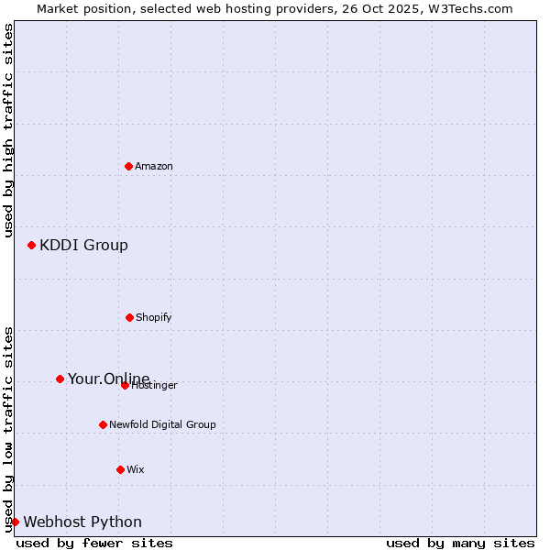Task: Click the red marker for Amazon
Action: coord(128,166)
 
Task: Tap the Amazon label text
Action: coord(154,167)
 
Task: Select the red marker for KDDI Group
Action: coord(31,245)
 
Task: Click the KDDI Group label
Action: coord(83,245)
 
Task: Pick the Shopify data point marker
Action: coord(129,317)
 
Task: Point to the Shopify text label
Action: coord(154,318)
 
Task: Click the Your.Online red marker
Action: coord(60,379)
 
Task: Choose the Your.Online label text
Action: coord(108,379)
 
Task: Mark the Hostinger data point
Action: coord(125,385)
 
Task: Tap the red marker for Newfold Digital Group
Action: coord(103,424)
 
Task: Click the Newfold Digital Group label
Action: coord(162,425)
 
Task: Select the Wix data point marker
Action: coord(120,469)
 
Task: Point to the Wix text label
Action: coord(136,470)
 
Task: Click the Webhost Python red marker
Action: coord(15,522)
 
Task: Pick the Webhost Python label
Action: coord(82,522)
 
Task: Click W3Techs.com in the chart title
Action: coord(475,8)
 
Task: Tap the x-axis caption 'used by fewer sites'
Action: coord(94,543)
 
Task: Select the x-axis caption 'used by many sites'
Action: coord(460,543)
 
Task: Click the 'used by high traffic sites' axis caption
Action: coord(8,130)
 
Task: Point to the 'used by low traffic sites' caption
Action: coord(8,428)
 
